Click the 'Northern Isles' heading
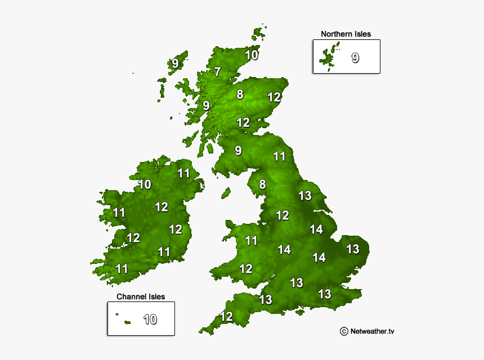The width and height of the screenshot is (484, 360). [x=346, y=34]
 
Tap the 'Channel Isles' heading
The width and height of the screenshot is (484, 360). [x=141, y=296]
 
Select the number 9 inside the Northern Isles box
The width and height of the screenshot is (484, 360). [x=355, y=57]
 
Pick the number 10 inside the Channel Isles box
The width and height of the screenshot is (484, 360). [x=150, y=319]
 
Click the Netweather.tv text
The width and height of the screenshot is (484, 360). [x=372, y=331]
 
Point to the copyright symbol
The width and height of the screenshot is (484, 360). [x=343, y=331]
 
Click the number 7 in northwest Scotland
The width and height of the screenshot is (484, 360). [x=217, y=72]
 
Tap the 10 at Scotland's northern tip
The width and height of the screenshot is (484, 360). [x=252, y=55]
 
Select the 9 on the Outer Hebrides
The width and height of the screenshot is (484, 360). [x=176, y=64]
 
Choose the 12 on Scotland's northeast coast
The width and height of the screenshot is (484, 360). [x=274, y=97]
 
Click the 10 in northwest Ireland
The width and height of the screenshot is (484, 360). [x=145, y=184]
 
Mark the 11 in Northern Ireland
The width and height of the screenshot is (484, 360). [x=184, y=173]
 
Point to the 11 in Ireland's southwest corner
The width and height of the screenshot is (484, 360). [x=122, y=268]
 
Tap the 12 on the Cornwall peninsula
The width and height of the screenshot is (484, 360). [x=226, y=317]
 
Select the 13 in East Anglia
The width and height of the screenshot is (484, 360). [x=352, y=249]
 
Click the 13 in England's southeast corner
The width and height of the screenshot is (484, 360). [x=324, y=294]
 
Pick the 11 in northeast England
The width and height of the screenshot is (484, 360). [x=280, y=156]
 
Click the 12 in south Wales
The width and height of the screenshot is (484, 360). [x=246, y=269]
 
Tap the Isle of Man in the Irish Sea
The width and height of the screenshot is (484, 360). [x=225, y=193]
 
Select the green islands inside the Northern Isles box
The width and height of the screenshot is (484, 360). [x=326, y=57]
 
